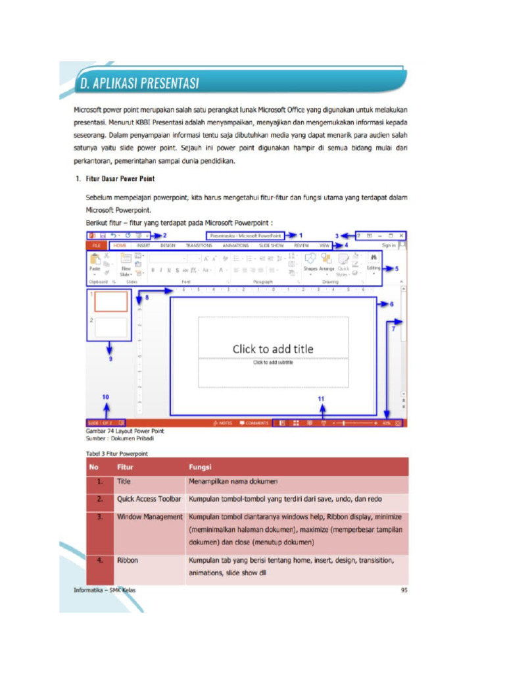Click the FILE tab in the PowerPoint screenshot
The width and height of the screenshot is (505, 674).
click(x=95, y=246)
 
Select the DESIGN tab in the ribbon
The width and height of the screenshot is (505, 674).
click(x=168, y=246)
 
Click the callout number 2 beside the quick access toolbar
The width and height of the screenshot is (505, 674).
click(x=164, y=235)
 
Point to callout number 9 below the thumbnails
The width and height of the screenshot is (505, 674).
click(x=110, y=359)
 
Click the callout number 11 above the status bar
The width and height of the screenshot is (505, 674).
click(x=321, y=399)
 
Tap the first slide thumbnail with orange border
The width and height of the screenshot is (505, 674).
click(x=111, y=301)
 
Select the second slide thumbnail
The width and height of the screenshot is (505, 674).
click(x=111, y=327)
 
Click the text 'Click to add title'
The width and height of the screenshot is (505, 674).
click(x=273, y=349)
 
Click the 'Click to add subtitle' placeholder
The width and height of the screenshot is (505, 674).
click(x=273, y=363)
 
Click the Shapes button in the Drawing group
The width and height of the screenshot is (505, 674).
click(x=310, y=263)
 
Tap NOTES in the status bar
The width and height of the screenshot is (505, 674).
click(x=224, y=423)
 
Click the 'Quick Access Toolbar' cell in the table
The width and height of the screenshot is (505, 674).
click(x=149, y=500)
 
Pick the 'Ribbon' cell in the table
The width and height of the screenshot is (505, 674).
click(x=128, y=561)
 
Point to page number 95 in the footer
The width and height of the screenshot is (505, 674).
click(x=404, y=590)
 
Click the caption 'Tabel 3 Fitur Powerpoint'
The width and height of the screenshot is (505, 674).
click(x=117, y=454)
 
